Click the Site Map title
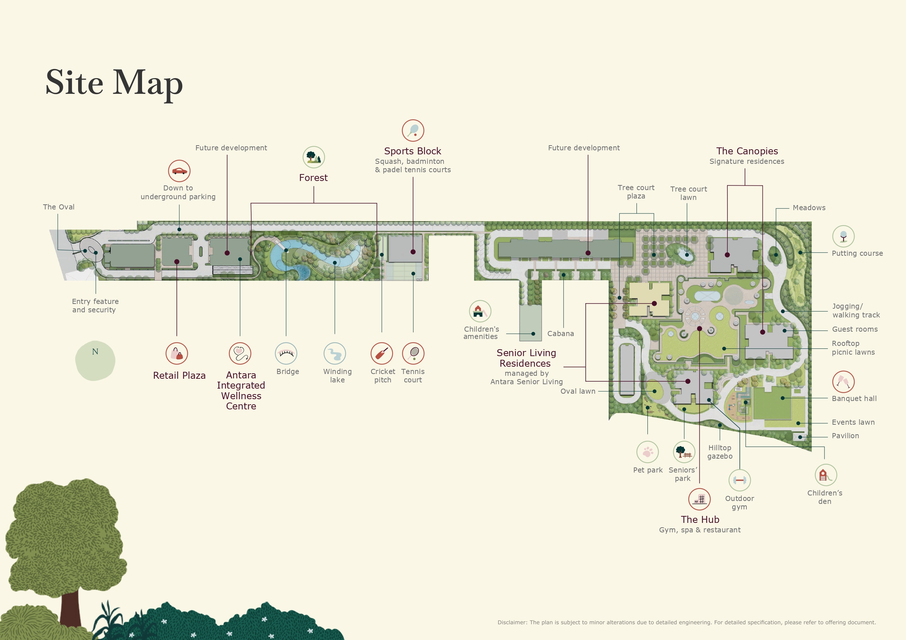pos(114,82)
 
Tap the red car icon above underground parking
pos(179,171)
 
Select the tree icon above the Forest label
pos(314,157)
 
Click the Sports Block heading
pos(412,151)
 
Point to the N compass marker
pos(95,352)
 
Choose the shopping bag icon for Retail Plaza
pos(177,353)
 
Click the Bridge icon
pos(286,353)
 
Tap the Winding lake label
pos(337,376)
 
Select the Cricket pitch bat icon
pos(382,353)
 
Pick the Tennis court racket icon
pos(413,353)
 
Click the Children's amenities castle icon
pos(480,311)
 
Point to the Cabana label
pos(560,334)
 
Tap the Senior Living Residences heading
pos(526,358)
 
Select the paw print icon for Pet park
pos(647,451)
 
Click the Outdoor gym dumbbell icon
pos(739,480)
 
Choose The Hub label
pos(700,519)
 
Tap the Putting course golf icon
pos(843,236)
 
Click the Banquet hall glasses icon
pos(843,382)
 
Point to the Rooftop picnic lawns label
pos(853,348)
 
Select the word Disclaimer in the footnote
pos(512,622)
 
